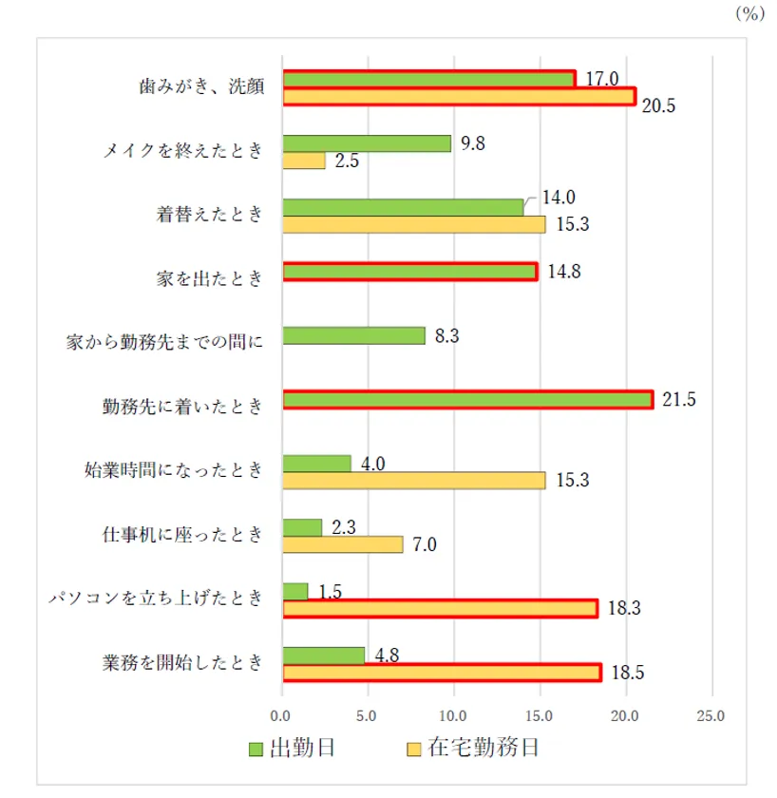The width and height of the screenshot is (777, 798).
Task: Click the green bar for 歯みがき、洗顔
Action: point(428,79)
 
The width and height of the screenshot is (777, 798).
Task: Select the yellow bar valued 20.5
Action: point(459,96)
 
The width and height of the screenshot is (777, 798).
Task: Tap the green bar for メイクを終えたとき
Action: point(368,143)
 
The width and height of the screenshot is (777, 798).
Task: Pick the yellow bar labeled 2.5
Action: point(304,161)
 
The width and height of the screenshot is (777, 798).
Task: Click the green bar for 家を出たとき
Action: point(410,272)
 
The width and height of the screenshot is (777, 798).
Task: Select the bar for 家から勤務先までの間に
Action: point(354,335)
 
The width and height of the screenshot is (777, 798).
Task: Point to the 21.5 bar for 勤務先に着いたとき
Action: point(467,400)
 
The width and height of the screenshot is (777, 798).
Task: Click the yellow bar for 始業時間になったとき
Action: point(414,481)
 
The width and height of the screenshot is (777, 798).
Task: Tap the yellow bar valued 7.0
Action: point(343,544)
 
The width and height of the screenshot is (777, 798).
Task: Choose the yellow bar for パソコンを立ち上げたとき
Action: point(441,608)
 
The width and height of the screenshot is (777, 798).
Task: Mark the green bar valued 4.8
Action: point(324,655)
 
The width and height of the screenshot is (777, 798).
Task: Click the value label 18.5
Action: point(624,673)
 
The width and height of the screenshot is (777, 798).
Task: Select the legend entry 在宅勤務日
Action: point(472,749)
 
